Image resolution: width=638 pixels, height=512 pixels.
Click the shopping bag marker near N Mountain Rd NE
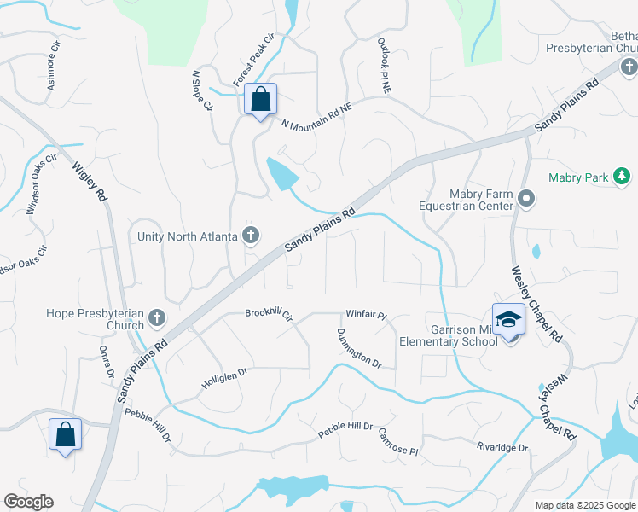click(x=261, y=100)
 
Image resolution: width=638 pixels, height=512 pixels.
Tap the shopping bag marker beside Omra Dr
click(x=66, y=435)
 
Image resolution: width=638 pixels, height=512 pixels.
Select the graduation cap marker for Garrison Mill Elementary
click(x=508, y=318)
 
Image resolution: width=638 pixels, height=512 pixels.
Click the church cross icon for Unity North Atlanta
click(x=251, y=235)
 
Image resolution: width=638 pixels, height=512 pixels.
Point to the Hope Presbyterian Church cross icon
click(x=156, y=318)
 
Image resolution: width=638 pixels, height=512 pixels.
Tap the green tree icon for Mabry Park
click(x=623, y=177)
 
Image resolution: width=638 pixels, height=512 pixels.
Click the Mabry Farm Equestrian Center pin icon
click(x=526, y=200)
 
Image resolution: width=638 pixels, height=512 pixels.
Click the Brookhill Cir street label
click(x=269, y=314)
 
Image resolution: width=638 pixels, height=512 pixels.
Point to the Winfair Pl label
click(x=367, y=315)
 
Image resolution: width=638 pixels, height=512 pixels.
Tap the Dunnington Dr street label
click(x=358, y=348)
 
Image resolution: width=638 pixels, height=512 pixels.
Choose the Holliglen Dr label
click(x=224, y=372)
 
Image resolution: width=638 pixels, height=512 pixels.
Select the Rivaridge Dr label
click(x=502, y=447)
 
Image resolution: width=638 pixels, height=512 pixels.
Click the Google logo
click(x=28, y=502)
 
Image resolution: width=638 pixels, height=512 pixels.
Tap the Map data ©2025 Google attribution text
click(x=584, y=505)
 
